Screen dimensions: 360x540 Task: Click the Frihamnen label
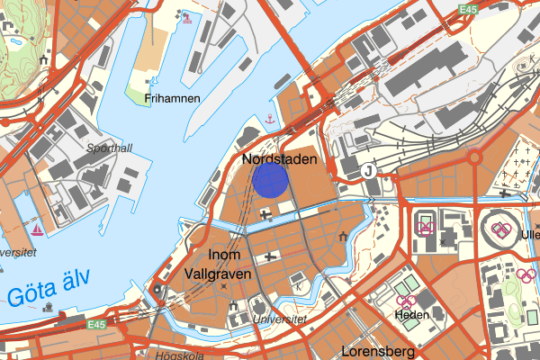pyautogui.click(x=175, y=99)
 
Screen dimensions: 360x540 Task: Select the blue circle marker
pyautogui.click(x=270, y=179)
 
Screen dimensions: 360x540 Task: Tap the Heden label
pyautogui.click(x=411, y=315)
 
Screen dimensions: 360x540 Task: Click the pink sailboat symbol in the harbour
pyautogui.click(x=37, y=229)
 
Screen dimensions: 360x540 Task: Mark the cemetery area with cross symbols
pyautogui.click(x=516, y=168)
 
